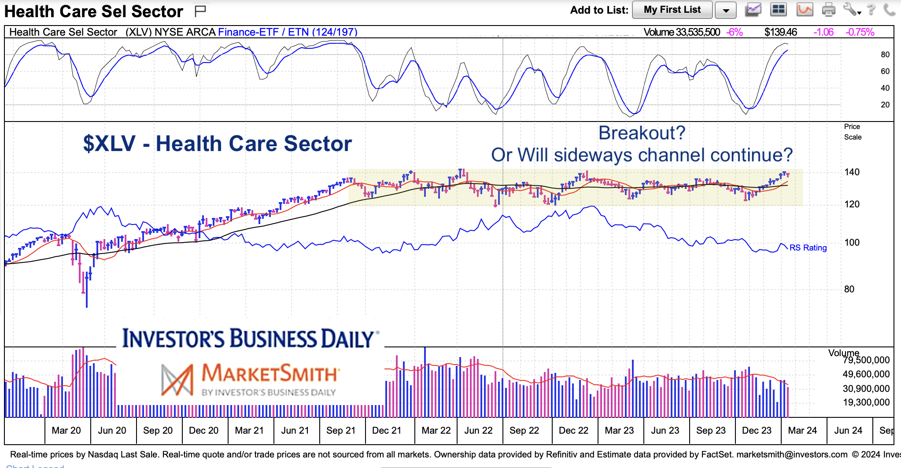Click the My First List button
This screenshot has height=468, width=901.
pyautogui.click(x=672, y=10)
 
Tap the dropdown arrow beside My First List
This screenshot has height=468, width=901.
pyautogui.click(x=726, y=10)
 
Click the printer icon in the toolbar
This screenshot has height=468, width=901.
pyautogui.click(x=828, y=9)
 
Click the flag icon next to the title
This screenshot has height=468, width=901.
pyautogui.click(x=200, y=11)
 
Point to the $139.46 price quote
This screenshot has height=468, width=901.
pyautogui.click(x=780, y=32)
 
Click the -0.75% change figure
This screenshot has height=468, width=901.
pyautogui.click(x=860, y=32)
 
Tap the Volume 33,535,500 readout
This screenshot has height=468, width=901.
pyautogui.click(x=681, y=32)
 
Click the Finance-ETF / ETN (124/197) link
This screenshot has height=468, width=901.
pyautogui.click(x=288, y=32)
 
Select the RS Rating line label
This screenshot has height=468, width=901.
pyautogui.click(x=808, y=247)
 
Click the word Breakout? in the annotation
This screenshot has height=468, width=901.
pyautogui.click(x=642, y=133)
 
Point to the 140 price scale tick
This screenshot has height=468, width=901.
pyautogui.click(x=852, y=172)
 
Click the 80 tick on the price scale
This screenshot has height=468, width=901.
pyautogui.click(x=849, y=289)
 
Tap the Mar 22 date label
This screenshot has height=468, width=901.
pyautogui.click(x=436, y=431)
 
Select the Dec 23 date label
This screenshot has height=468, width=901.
pyautogui.click(x=757, y=431)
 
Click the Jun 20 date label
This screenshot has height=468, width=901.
pyautogui.click(x=112, y=431)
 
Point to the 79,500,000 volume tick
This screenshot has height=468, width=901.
pyautogui.click(x=866, y=360)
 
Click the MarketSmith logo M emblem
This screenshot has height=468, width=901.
pyautogui.click(x=177, y=380)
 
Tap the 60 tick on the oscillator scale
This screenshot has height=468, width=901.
pyautogui.click(x=885, y=71)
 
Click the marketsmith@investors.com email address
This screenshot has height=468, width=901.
pyautogui.click(x=792, y=454)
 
